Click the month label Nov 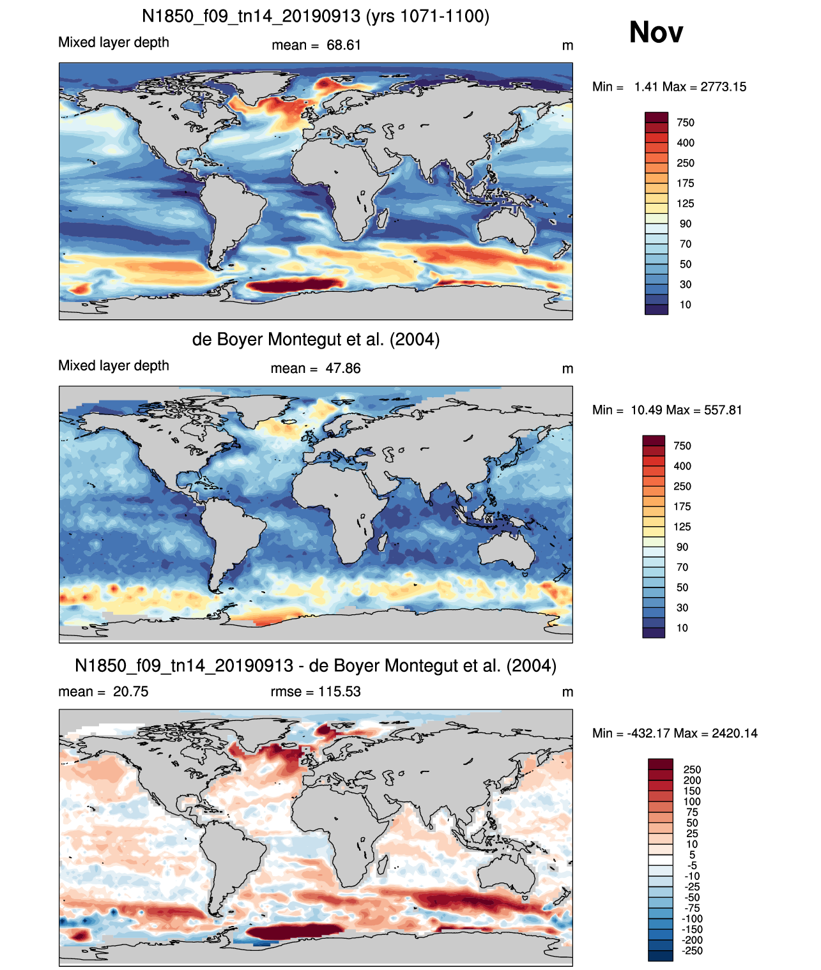656,32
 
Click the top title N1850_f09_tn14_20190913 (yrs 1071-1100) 316,17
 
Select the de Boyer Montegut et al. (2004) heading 316,339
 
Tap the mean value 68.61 344,45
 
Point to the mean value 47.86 343,368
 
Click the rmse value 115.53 339,692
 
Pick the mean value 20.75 130,692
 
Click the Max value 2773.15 723,87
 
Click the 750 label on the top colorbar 686,123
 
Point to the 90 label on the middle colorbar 682,547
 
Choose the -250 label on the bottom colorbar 693,951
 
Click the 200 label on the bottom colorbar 692,780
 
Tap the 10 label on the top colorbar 686,305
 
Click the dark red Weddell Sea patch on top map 295,284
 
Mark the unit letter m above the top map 567,45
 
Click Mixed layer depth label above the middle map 114,365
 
